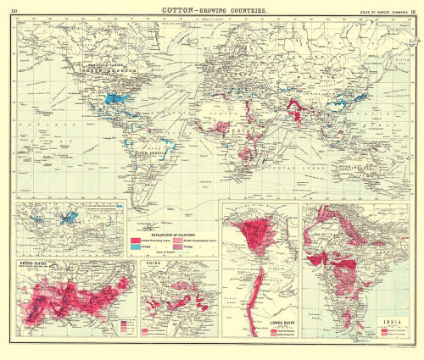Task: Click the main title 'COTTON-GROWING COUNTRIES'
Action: (x=211, y=10)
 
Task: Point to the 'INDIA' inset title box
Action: (x=393, y=321)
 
